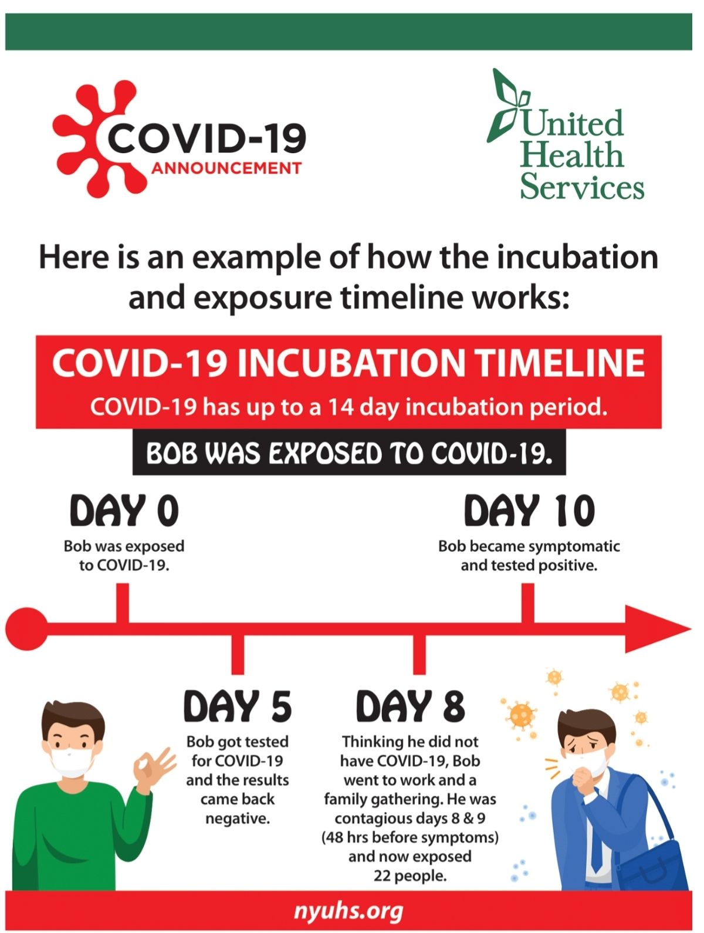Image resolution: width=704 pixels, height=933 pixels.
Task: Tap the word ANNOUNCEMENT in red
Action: tap(226, 168)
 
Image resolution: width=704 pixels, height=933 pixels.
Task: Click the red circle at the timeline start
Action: tap(26, 628)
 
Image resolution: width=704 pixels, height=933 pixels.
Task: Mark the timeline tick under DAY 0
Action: tap(123, 604)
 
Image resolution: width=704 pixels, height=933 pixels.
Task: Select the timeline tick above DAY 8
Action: tap(419, 655)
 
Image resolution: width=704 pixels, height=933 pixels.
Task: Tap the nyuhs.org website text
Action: tap(348, 911)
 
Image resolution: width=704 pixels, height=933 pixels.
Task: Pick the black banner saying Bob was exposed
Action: tap(349, 452)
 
